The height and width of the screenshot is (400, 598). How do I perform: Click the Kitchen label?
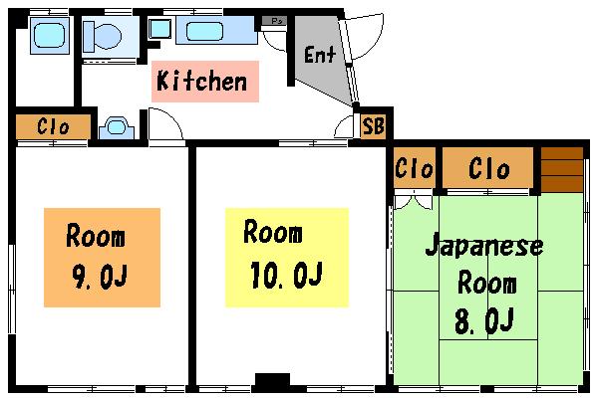coord(201,81)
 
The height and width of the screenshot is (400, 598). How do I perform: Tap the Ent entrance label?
coord(320,54)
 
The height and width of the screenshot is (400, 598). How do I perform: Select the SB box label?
coord(373,125)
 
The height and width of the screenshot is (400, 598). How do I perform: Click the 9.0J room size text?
coord(100,277)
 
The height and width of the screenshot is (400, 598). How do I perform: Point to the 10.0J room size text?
coord(287,275)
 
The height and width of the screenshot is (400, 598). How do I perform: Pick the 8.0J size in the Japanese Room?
coord(484,321)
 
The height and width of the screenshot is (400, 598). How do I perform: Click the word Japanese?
coord(484,245)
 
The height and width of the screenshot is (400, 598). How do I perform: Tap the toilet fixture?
coord(103,37)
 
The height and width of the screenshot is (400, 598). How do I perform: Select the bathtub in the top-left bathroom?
coord(50,35)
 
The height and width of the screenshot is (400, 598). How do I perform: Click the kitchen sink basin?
coord(204,31)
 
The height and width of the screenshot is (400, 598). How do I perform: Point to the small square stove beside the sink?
coord(159,29)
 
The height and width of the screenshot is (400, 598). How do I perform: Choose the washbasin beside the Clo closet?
coord(117,127)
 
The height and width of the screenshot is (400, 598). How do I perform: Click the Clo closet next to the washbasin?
coord(53,126)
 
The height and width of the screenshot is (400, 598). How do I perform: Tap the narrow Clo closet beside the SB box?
coord(415,168)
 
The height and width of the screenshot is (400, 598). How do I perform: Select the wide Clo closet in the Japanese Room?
coord(488,168)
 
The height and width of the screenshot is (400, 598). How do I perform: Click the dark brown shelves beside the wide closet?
coord(562,169)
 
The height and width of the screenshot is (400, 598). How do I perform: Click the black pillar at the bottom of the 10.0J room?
coord(272,380)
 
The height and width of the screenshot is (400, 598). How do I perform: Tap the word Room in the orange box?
coord(96,236)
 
